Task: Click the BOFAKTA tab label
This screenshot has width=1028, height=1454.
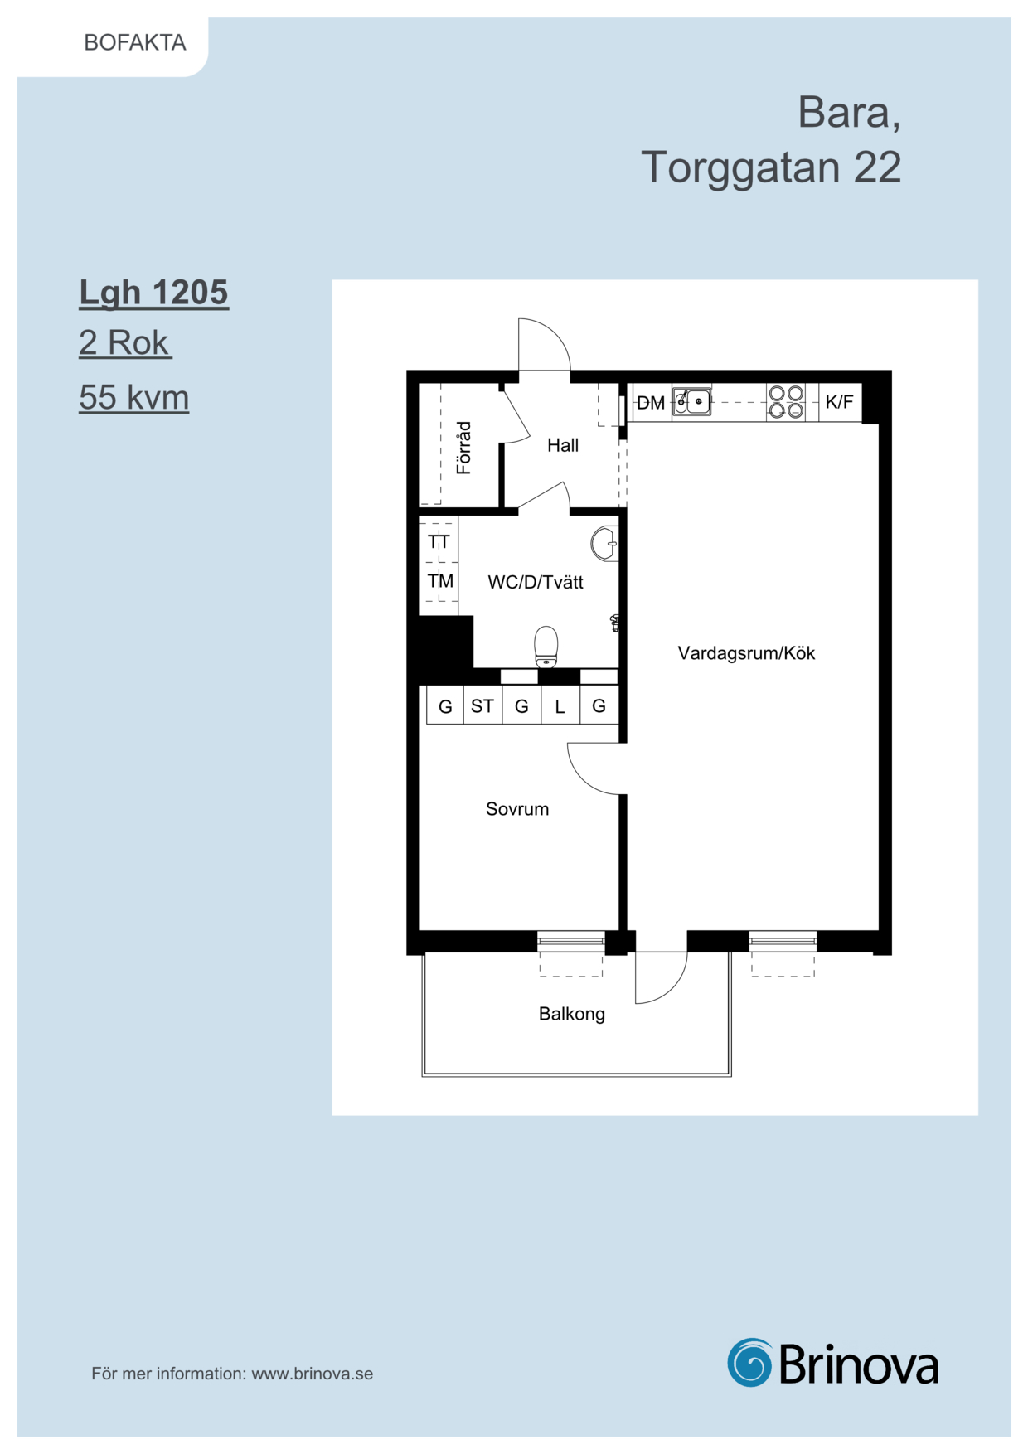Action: pyautogui.click(x=135, y=42)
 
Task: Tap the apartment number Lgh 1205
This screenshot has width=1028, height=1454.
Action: pyautogui.click(x=153, y=293)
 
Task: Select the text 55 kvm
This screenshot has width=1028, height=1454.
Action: pyautogui.click(x=134, y=397)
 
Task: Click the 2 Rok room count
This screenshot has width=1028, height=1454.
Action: pyautogui.click(x=124, y=342)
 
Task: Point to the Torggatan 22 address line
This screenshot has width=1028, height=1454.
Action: pyautogui.click(x=771, y=167)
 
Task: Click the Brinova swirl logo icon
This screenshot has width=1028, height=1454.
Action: pyautogui.click(x=749, y=1362)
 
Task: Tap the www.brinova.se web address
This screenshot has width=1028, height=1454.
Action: pyautogui.click(x=313, y=1374)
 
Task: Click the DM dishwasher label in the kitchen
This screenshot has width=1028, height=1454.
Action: pyautogui.click(x=651, y=403)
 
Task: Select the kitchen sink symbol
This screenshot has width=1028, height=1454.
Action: pyautogui.click(x=691, y=401)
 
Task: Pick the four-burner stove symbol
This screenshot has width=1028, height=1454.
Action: pyautogui.click(x=786, y=401)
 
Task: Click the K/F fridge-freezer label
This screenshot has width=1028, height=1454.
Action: pyautogui.click(x=839, y=402)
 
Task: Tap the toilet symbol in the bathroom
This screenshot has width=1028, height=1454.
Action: pyautogui.click(x=546, y=647)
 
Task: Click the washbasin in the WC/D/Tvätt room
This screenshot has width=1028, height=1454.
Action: pyautogui.click(x=604, y=544)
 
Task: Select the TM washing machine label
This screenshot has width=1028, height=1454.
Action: pyautogui.click(x=440, y=580)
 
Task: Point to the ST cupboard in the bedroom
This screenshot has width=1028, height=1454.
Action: pyautogui.click(x=482, y=706)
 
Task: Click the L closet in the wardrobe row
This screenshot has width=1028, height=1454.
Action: pyautogui.click(x=560, y=706)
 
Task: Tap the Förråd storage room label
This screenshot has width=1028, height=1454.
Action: pyautogui.click(x=463, y=448)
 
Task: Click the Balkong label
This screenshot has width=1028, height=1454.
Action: pyautogui.click(x=572, y=1014)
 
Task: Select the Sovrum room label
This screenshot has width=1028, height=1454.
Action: pyautogui.click(x=517, y=809)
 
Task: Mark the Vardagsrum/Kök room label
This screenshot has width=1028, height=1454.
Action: pyautogui.click(x=746, y=653)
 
